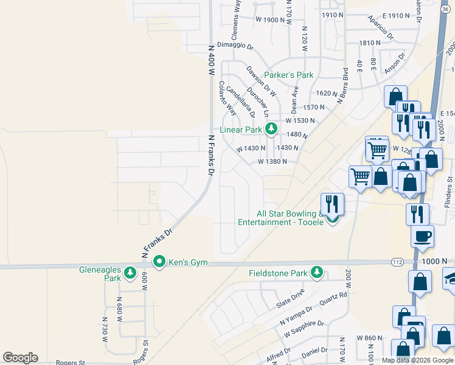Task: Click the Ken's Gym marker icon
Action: click(159, 262)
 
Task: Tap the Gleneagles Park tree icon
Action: click(130, 274)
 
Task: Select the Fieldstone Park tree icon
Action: click(316, 273)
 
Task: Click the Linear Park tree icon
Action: click(271, 129)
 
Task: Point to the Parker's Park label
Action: click(289, 75)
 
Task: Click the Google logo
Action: click(20, 358)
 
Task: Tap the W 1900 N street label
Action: click(271, 19)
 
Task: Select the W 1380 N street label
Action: click(272, 162)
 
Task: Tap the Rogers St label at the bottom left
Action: click(70, 363)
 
